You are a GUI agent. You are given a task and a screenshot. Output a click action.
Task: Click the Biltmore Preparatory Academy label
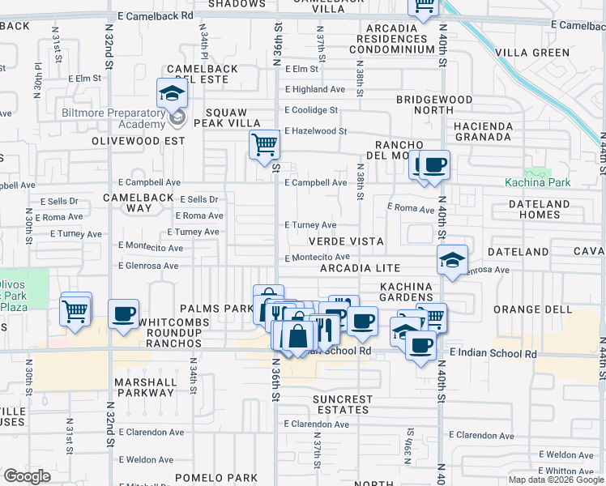pos(113,118)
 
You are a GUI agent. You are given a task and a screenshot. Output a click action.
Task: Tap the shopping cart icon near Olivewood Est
pos(264,146)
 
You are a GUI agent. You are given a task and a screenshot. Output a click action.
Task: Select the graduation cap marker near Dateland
pos(452,260)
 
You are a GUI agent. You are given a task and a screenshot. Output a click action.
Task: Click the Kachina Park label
pos(537,183)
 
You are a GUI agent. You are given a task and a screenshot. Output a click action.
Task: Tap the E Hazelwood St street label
pos(315,130)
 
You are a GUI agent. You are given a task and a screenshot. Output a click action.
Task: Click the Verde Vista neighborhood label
pos(345,241)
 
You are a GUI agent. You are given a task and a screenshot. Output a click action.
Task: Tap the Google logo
pos(27,477)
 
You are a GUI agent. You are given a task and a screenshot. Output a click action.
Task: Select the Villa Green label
pos(531,53)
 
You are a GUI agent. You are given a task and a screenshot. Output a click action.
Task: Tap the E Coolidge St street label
pos(311,110)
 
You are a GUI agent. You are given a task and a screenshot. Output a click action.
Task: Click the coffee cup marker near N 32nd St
pos(123,314)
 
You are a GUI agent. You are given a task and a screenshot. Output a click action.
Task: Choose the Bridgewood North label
pos(434,104)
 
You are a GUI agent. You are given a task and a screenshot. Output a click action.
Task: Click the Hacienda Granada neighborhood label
pos(483,132)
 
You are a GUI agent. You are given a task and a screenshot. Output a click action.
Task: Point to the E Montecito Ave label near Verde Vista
pos(316,257)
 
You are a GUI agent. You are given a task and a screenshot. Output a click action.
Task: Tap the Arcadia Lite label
pos(360,268)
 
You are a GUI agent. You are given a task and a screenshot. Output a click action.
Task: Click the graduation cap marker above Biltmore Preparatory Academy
pos(173,93)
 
